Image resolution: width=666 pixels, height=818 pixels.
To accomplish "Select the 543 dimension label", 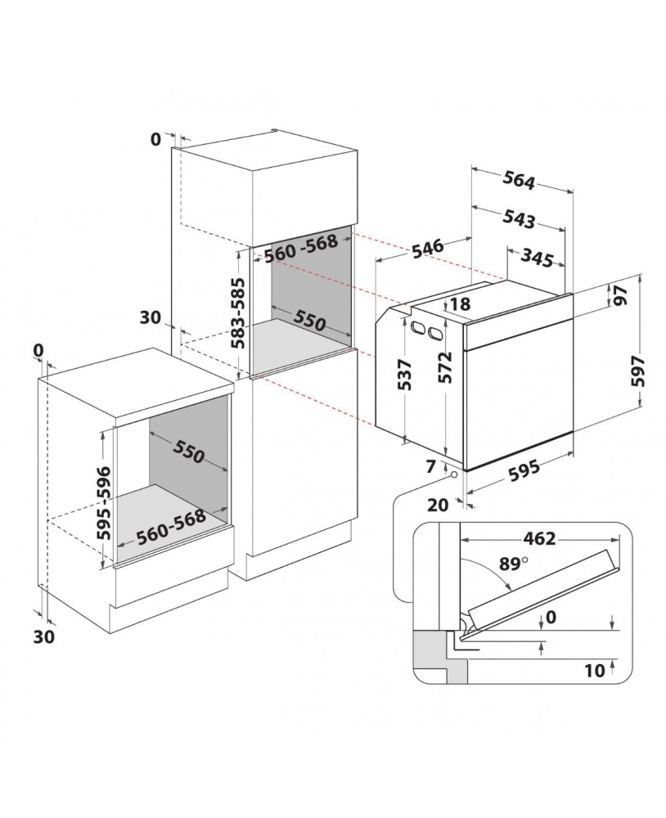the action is coord(520,219).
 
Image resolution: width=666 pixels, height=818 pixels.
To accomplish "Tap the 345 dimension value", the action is coord(537,257).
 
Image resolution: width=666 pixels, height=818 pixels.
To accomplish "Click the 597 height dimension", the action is coord(638,371).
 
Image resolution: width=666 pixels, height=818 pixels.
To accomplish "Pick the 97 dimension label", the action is coord(619,296).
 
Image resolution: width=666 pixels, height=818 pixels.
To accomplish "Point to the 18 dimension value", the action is coord(460,304).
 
